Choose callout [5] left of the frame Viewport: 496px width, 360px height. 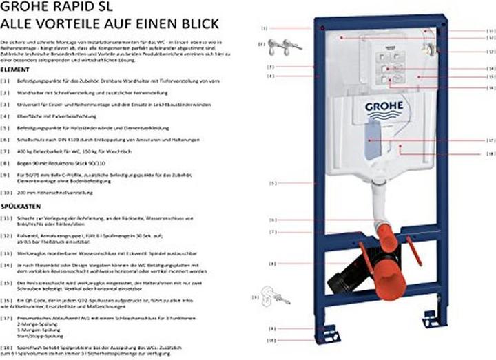pos(273,184)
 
